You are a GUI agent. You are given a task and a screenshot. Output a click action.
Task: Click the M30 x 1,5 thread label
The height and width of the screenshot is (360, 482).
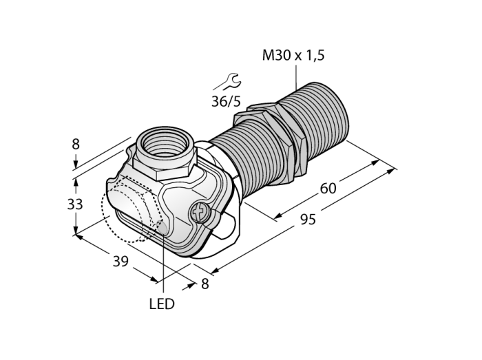[293, 55]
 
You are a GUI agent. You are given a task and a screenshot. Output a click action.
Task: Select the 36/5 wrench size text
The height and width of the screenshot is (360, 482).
[227, 101]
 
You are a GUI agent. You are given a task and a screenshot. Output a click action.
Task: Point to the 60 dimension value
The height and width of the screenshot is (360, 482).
[328, 189]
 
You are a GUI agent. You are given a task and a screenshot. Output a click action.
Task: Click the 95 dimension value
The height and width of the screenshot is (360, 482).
[308, 220]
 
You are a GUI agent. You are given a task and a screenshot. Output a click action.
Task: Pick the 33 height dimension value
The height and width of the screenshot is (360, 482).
[75, 204]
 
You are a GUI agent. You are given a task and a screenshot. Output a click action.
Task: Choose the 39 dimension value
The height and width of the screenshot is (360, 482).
[120, 262]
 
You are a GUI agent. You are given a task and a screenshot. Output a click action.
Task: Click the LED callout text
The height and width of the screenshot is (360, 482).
[162, 304]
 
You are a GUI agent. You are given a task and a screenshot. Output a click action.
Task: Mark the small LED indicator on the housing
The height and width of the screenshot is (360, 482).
[162, 227]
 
